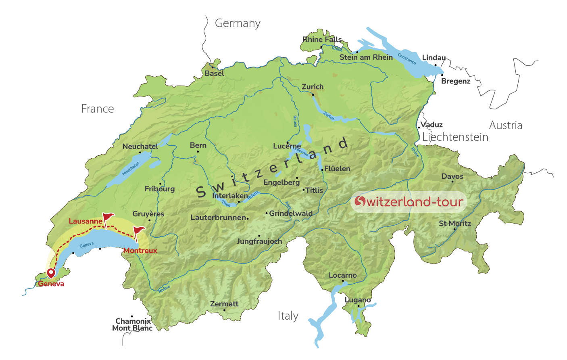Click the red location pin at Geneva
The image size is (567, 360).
(51, 273)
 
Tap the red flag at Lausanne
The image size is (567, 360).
(108, 218)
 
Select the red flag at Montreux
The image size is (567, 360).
(139, 232)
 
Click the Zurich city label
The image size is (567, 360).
(313, 87)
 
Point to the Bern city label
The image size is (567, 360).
(198, 145)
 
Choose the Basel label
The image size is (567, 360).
(214, 73)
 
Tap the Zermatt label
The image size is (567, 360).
(224, 304)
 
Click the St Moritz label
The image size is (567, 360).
(455, 224)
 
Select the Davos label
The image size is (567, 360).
(452, 176)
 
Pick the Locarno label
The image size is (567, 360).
(342, 275)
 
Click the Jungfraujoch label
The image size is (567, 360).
(259, 241)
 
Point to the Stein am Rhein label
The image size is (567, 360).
(366, 57)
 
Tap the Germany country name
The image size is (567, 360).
(238, 23)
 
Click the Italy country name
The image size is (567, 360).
(288, 316)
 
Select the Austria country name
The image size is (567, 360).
(506, 126)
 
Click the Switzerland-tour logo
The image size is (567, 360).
(409, 201)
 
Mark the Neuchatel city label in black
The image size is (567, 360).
(140, 147)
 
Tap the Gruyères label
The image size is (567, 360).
(148, 214)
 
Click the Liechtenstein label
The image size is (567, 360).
(455, 137)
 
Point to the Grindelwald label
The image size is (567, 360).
(290, 213)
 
